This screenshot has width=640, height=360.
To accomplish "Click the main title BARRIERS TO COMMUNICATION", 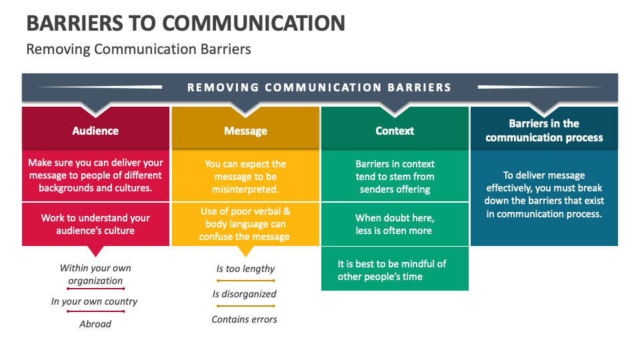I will pyautogui.click(x=185, y=23).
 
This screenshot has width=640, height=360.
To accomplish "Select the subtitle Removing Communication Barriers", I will pyautogui.click(x=138, y=49).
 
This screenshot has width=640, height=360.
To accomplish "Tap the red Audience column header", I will pyautogui.click(x=95, y=131).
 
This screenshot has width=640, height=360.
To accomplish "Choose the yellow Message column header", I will pyautogui.click(x=245, y=131).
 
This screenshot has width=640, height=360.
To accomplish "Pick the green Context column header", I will pyautogui.click(x=395, y=131).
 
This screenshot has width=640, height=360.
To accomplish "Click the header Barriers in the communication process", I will pyautogui.click(x=544, y=131).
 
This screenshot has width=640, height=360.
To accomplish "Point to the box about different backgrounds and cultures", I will pyautogui.click(x=95, y=175).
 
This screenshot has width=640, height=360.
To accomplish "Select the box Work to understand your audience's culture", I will pyautogui.click(x=95, y=224).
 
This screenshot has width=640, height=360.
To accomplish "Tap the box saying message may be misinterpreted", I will pyautogui.click(x=245, y=177).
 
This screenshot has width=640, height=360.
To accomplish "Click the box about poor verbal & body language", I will pyautogui.click(x=245, y=224).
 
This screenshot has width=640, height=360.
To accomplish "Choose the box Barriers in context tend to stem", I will pyautogui.click(x=395, y=177).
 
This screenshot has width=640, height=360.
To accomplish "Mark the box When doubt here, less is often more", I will pyautogui.click(x=395, y=224).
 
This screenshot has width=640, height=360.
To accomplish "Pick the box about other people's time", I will pyautogui.click(x=395, y=270).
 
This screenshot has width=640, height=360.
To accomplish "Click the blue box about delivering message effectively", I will pyautogui.click(x=544, y=195).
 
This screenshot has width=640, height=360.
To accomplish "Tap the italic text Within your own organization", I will pyautogui.click(x=95, y=274).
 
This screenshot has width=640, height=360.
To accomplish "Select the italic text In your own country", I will pyautogui.click(x=94, y=301).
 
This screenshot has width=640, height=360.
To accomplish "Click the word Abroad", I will pyautogui.click(x=95, y=324).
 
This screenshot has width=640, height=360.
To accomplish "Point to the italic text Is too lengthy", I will pyautogui.click(x=245, y=269).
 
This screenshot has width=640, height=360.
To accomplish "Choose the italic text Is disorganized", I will pyautogui.click(x=245, y=294).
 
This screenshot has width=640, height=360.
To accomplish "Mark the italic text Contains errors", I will pyautogui.click(x=245, y=319).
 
